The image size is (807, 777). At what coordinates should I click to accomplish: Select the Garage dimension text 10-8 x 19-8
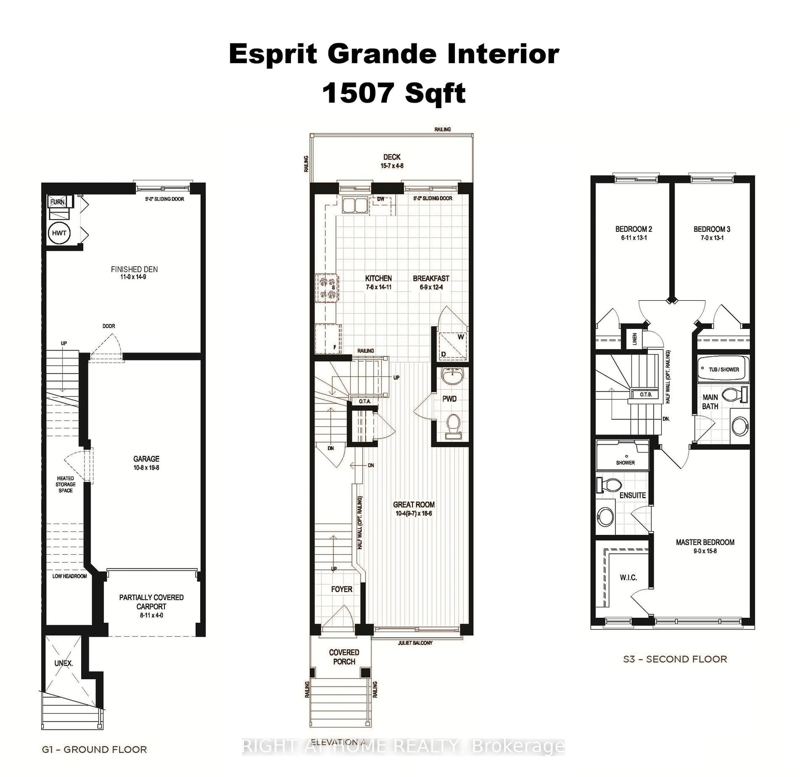tap(146, 468)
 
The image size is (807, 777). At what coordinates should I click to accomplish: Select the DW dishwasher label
tap(381, 199)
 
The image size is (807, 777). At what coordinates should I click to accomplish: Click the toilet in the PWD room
tap(453, 425)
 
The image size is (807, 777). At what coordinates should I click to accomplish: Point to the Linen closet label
tap(634, 339)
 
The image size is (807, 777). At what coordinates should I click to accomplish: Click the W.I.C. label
tap(628, 578)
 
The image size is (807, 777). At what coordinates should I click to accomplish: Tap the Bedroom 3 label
tap(712, 229)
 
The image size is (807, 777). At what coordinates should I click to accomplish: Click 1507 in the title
tap(357, 93)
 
